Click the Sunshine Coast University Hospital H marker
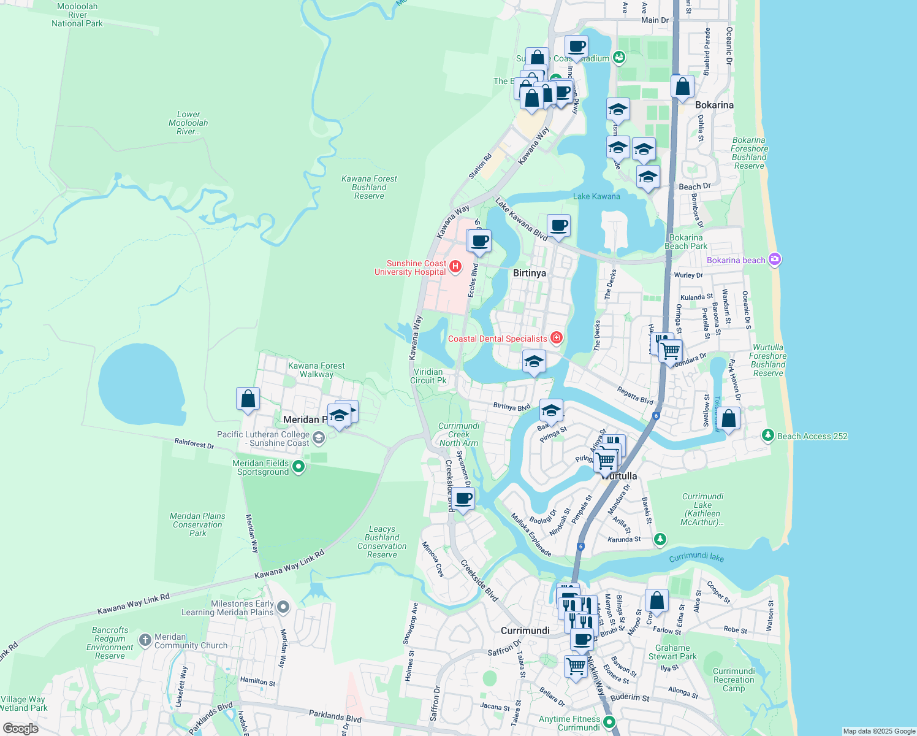coord(455,266)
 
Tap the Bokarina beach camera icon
coord(775,259)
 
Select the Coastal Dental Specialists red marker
coord(557,337)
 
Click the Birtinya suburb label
coord(530,273)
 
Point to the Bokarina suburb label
coord(714,105)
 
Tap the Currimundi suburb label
coord(525,631)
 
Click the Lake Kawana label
coord(596,196)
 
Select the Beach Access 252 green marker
coord(767,435)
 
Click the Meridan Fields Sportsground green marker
coord(299,467)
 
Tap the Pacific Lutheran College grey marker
coord(318,437)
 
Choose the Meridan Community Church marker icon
coord(145,640)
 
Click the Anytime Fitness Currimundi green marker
coord(609,722)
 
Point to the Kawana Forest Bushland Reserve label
coord(369,187)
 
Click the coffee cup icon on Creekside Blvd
coord(464,498)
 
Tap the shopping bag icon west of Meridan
coord(248,399)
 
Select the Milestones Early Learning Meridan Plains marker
coord(283,607)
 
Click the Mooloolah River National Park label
coord(77,15)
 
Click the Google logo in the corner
coord(20,729)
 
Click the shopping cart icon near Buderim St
coord(576,665)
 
